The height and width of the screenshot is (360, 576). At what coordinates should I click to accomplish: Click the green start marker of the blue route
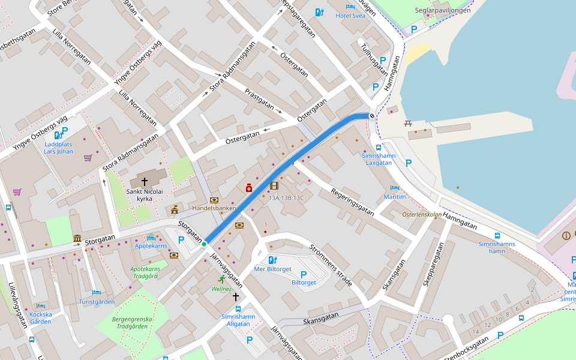click(x=204, y=244)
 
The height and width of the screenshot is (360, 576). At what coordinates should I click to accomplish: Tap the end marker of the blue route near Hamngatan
click(x=373, y=116)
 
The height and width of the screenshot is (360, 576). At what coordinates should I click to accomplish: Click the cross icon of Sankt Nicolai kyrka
click(x=144, y=181)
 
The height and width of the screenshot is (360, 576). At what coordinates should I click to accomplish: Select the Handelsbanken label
click(x=214, y=208)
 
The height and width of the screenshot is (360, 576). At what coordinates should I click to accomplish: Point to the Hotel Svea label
click(x=350, y=16)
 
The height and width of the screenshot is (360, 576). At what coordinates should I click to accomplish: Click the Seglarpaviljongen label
click(x=443, y=10)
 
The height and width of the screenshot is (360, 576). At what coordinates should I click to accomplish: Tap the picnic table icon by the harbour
click(x=408, y=123)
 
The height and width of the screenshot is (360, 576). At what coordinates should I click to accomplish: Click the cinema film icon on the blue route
click(x=274, y=186)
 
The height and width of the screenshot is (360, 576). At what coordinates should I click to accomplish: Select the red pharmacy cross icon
click(x=248, y=188)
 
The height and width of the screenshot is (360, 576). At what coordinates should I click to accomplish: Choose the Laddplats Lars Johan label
click(x=58, y=148)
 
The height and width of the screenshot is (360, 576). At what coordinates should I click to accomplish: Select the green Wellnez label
click(x=221, y=289)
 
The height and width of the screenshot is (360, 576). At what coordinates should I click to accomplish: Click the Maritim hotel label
click(x=395, y=197)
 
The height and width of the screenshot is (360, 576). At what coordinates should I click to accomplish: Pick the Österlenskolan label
click(x=422, y=214)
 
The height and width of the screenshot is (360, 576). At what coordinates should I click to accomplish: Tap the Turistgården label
click(x=97, y=302)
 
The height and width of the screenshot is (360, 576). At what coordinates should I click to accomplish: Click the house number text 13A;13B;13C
click(x=286, y=197)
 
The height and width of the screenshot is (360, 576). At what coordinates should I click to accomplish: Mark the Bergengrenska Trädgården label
click(x=130, y=323)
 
